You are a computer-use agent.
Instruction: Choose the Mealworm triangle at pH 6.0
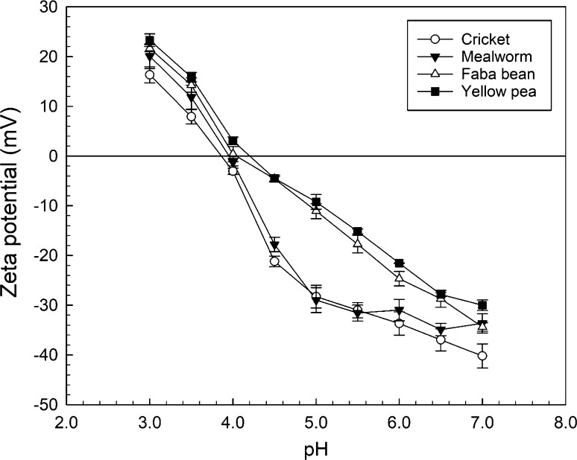[x=399, y=310]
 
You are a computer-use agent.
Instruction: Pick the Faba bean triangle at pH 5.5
[x=357, y=243]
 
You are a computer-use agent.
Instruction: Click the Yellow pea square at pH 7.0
[x=482, y=305]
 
